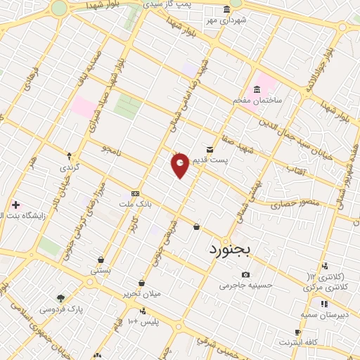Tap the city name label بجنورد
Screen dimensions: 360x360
(229, 250)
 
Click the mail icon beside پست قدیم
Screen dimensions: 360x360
(210, 148)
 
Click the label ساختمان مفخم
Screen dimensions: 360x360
(258, 101)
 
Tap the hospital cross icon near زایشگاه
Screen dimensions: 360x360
(15, 205)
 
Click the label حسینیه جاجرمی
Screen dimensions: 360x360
(245, 285)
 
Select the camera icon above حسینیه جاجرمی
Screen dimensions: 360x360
(245, 274)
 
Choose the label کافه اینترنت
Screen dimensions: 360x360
(297, 342)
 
